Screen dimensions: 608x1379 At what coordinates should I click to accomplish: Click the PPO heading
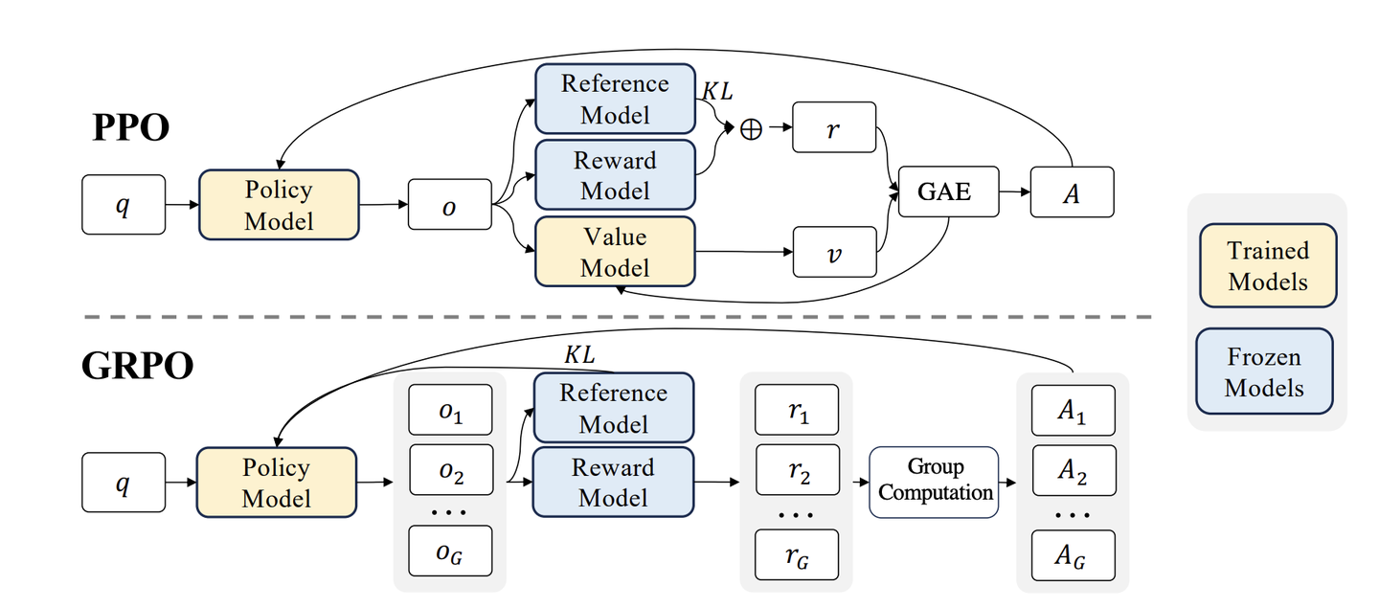click(x=130, y=127)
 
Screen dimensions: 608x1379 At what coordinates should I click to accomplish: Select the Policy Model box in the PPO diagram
click(x=279, y=205)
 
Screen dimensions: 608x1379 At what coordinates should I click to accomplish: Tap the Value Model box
click(x=615, y=252)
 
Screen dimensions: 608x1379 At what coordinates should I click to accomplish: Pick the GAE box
click(x=944, y=192)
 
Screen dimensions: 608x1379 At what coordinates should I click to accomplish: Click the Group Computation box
click(x=934, y=481)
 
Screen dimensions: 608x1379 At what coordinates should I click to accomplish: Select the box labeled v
click(x=833, y=252)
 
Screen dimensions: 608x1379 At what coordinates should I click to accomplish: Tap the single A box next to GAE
click(x=1072, y=192)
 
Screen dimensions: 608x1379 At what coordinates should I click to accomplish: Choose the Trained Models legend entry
click(x=1267, y=266)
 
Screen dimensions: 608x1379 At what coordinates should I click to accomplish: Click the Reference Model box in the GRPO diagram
click(x=613, y=408)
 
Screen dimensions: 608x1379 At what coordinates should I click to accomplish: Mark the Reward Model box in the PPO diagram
click(x=615, y=175)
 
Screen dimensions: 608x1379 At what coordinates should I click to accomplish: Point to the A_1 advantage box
click(x=1073, y=411)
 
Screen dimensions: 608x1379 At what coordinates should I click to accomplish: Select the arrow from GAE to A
click(x=1015, y=191)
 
